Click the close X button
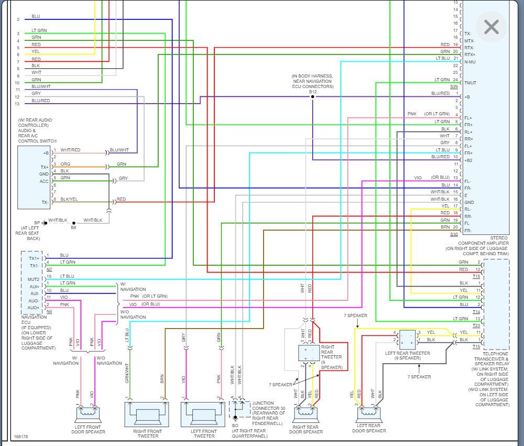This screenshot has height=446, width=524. [x=491, y=27]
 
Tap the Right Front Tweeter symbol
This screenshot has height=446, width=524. [x=147, y=414]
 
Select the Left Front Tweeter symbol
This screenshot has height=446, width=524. [x=203, y=414]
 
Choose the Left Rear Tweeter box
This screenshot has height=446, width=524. [x=407, y=340]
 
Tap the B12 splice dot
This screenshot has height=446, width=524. [x=313, y=97]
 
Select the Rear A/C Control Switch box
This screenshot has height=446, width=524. [x=34, y=177]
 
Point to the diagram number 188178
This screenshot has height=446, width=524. [x=21, y=436]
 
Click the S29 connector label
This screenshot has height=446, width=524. [x=453, y=86]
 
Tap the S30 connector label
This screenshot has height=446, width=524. [x=453, y=234]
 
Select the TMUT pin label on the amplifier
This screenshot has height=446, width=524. [x=470, y=83]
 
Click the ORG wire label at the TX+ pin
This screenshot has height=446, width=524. [x=65, y=164]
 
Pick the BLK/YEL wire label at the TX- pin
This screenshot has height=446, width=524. [x=68, y=199]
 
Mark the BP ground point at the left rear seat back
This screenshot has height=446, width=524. [x=45, y=223]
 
